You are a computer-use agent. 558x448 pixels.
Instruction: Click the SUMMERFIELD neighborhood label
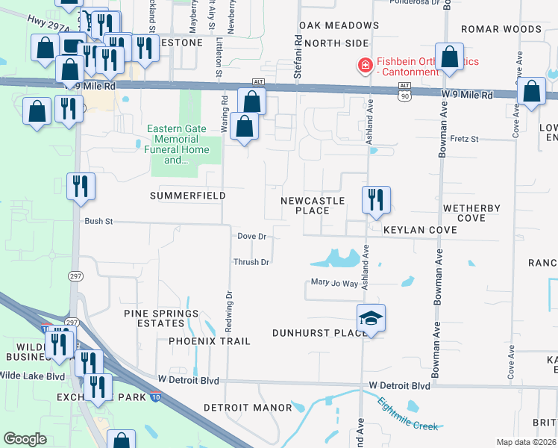(187, 196)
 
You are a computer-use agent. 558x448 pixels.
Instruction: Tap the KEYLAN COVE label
(420, 231)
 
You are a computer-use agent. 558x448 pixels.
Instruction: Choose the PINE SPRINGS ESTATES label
(162, 318)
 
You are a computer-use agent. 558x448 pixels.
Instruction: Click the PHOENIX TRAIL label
(209, 341)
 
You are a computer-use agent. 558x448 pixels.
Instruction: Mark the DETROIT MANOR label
(248, 408)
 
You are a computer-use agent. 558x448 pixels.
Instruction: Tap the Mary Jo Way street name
(334, 283)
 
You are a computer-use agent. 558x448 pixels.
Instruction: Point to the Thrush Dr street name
(251, 262)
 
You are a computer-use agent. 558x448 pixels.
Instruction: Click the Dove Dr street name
(251, 236)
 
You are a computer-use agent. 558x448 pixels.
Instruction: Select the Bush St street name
(98, 222)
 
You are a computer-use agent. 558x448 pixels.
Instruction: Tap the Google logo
(25, 439)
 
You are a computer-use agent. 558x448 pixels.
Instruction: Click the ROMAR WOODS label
(501, 30)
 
